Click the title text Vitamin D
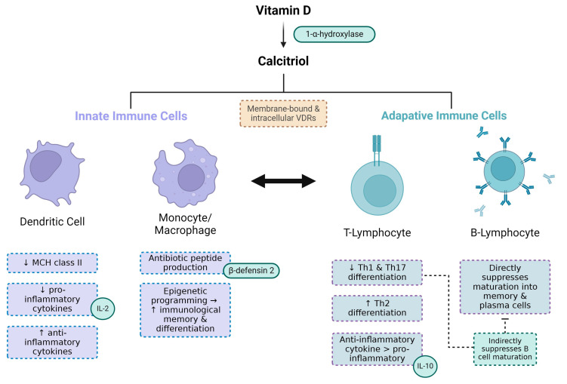click(284, 11)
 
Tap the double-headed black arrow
click(284, 181)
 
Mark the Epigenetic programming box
click(185, 310)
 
